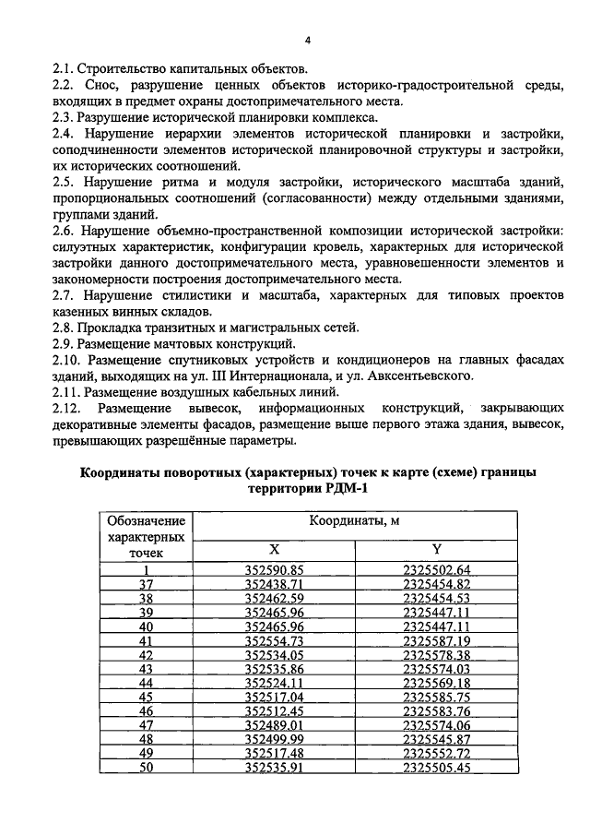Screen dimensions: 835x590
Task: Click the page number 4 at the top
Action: click(x=308, y=39)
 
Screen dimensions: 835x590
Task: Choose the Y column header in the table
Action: click(x=438, y=548)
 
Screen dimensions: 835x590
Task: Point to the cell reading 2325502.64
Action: click(x=438, y=569)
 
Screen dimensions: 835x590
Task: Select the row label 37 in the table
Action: click(x=145, y=584)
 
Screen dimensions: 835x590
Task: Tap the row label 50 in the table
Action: click(x=145, y=768)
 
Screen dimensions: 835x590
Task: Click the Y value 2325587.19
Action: click(x=438, y=640)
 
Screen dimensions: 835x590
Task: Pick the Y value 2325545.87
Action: click(x=438, y=739)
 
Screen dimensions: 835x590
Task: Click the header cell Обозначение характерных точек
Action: click(x=145, y=536)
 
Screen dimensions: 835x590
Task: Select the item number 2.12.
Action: click(x=67, y=408)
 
